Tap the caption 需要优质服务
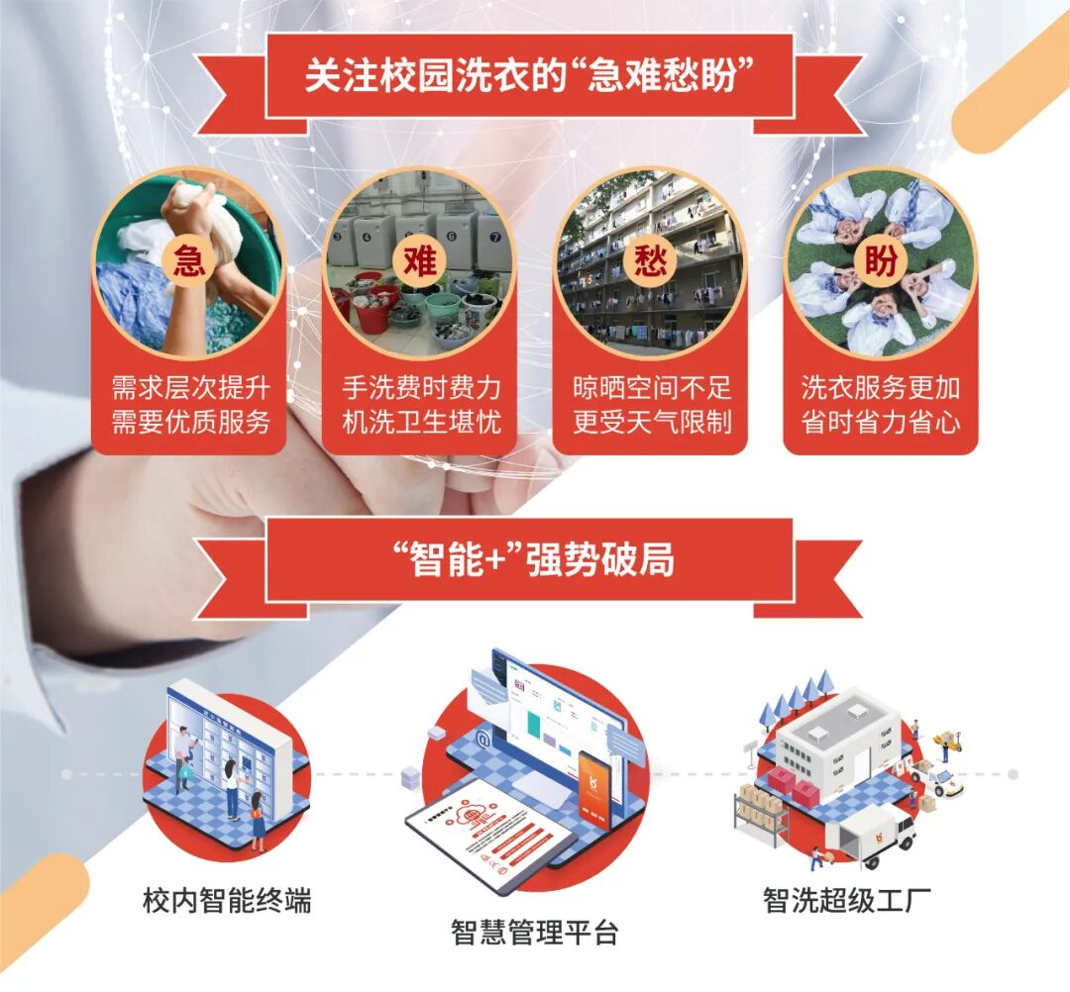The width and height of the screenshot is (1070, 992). coord(190,423)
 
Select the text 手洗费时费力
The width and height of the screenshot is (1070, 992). coord(421,387)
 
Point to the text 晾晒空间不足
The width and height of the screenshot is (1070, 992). coord(652,387)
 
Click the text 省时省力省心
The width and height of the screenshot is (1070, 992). coord(881,423)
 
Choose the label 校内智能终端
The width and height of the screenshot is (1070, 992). coord(227,901)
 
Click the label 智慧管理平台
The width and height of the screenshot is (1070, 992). coord(534,933)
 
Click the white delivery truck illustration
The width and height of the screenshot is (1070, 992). coord(873,833)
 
